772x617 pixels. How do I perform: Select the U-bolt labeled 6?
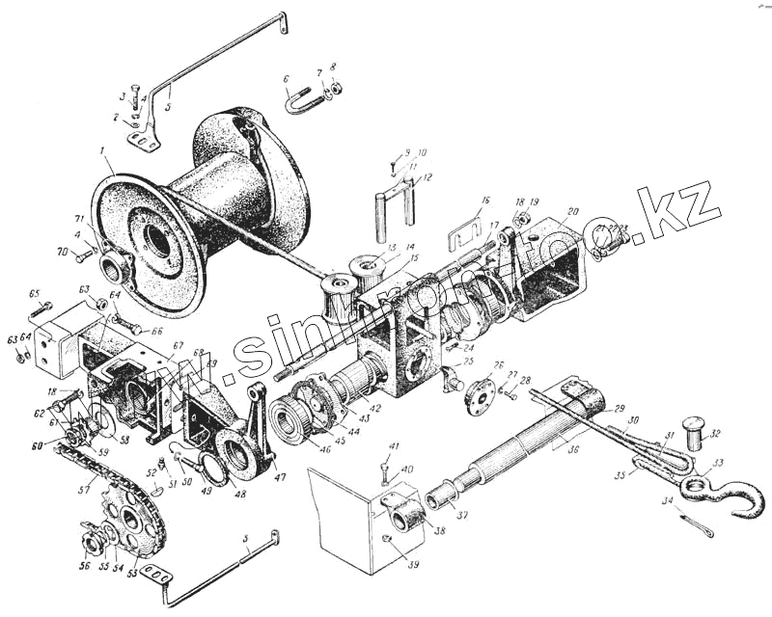coord(301,101)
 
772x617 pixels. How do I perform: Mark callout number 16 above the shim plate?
coord(486,201)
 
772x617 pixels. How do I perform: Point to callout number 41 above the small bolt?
coord(394,445)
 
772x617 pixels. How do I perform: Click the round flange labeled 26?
coord(480,396)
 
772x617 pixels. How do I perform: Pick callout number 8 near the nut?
coord(333,67)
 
